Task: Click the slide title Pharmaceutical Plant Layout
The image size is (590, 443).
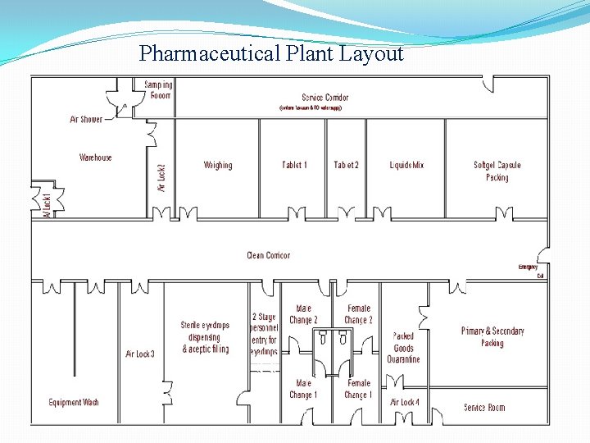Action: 271,54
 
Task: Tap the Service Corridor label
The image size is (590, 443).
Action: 324,98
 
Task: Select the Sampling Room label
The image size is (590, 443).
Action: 158,89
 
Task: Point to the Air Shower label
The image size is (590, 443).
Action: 86,119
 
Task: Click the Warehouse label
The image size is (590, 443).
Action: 96,158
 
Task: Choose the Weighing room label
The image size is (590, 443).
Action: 218,165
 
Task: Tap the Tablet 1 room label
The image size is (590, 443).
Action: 294,165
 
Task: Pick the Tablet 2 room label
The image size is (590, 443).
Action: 346,165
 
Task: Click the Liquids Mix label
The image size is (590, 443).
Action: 406,165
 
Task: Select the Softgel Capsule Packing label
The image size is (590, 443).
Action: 497,171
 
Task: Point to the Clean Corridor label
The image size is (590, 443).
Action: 268,255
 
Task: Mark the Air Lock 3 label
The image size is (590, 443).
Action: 139,354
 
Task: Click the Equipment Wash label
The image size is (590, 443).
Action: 74,402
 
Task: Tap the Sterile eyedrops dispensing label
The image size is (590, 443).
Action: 205,337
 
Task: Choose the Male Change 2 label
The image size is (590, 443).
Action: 303,314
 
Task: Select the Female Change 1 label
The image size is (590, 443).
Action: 358,388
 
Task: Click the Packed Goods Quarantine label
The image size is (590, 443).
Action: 403,347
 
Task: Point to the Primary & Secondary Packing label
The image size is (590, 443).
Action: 492,337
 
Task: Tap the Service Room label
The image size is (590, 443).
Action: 483,407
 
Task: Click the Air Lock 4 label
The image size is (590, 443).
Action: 404,402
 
